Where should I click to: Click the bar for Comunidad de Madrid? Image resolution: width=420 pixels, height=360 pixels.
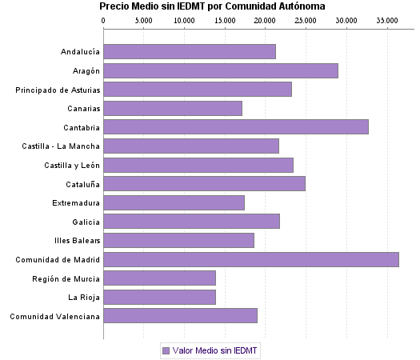point(250,259)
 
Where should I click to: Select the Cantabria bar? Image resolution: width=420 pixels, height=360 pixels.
point(235,126)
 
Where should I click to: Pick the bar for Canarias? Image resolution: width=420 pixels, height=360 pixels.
point(172,108)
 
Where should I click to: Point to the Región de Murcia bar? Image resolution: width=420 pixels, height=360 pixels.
point(159,278)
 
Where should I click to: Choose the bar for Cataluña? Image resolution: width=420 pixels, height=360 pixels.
point(204,183)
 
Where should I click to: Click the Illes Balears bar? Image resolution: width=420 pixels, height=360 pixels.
point(178,240)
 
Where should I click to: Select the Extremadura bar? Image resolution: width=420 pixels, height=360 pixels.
point(174,202)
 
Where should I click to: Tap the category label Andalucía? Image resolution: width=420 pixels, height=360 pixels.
point(80,52)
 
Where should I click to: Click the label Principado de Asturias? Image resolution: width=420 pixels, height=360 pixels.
point(58,90)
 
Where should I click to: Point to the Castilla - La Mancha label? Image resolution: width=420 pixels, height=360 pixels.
point(62,146)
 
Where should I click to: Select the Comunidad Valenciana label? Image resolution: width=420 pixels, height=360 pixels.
point(54,316)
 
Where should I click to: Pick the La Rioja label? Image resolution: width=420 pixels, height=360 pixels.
point(84,297)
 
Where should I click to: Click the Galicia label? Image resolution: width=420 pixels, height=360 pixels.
point(86,222)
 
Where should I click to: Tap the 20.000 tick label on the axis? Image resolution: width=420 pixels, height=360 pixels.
point(266,19)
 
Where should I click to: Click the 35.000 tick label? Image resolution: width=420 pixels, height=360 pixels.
point(387,19)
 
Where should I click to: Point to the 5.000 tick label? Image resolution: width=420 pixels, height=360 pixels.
point(143,19)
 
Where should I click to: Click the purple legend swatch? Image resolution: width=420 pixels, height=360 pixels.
point(166,350)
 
